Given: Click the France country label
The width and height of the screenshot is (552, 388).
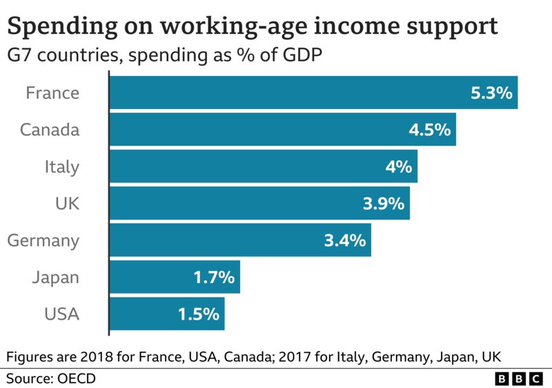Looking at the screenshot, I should coord(52,93).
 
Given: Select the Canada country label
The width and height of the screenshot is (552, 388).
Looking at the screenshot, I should coord(50,130).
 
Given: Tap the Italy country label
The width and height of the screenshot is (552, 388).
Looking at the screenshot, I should coord(62,166).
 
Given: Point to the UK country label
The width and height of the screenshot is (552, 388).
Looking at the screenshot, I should coord(67,204).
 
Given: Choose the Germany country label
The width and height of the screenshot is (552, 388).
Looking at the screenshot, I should coord(43,241).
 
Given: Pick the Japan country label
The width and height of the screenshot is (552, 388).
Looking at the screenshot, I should coord(55,278).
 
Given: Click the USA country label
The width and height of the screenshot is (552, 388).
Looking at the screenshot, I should coord(61,315).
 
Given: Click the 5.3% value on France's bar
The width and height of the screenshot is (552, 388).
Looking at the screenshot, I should coord(491,93).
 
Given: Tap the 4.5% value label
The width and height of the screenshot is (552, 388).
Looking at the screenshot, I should coord(429,130).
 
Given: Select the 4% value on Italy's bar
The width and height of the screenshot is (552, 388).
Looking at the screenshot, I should coord(397,167).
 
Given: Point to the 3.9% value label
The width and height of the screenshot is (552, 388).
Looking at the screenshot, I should coord(383,204).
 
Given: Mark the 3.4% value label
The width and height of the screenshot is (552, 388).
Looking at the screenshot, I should coord(344,241).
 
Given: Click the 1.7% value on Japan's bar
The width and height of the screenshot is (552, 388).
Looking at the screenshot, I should coord(214,278).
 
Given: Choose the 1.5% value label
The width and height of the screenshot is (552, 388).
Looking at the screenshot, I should coord(198,315).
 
